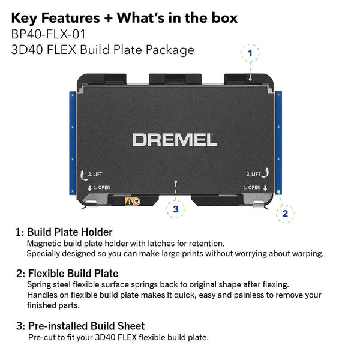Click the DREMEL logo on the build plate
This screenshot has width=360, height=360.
click(x=175, y=140)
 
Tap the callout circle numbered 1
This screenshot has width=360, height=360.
click(x=250, y=53)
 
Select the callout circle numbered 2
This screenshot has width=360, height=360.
click(x=285, y=212)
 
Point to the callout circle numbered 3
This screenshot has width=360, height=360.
click(x=175, y=209)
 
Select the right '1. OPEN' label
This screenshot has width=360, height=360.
click(x=252, y=188)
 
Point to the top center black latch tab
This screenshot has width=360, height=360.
click(x=175, y=79)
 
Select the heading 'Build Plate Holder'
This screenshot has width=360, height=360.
click(x=70, y=232)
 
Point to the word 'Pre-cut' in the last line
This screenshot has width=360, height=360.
click(x=43, y=337)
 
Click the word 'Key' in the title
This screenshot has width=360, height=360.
click(x=25, y=17)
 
